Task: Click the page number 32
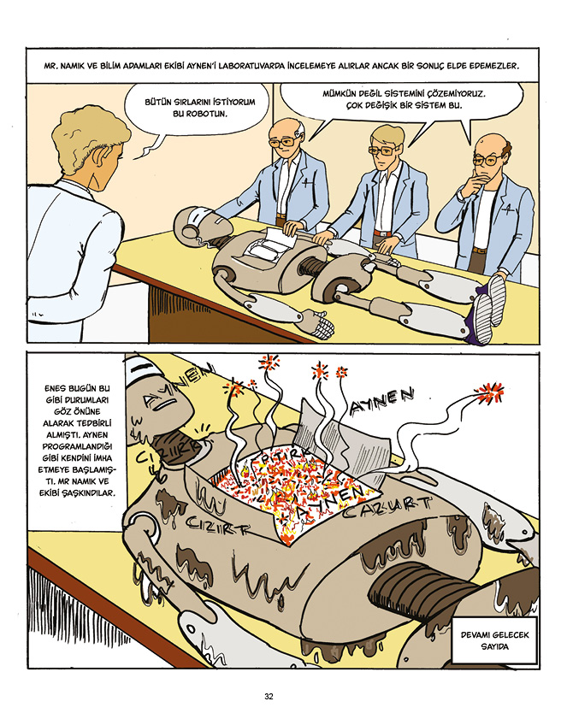[x=269, y=696]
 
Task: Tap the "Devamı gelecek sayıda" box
[x=494, y=640]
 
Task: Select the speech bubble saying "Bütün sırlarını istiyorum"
[x=200, y=109]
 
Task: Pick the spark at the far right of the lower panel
[x=490, y=392]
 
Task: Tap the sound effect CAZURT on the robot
[x=387, y=507]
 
